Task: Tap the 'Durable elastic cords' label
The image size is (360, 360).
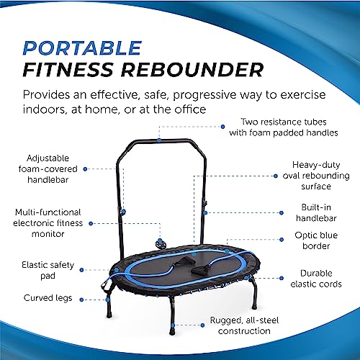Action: (x=314, y=279)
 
